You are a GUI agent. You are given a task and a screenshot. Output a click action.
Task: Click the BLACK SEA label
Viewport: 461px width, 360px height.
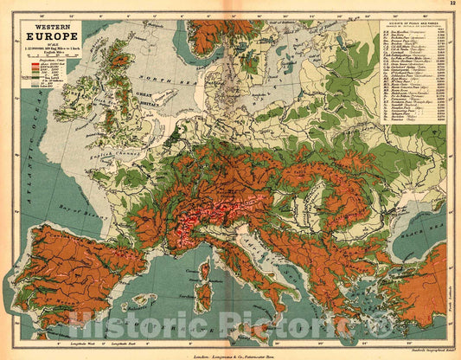[x=414, y=215]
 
